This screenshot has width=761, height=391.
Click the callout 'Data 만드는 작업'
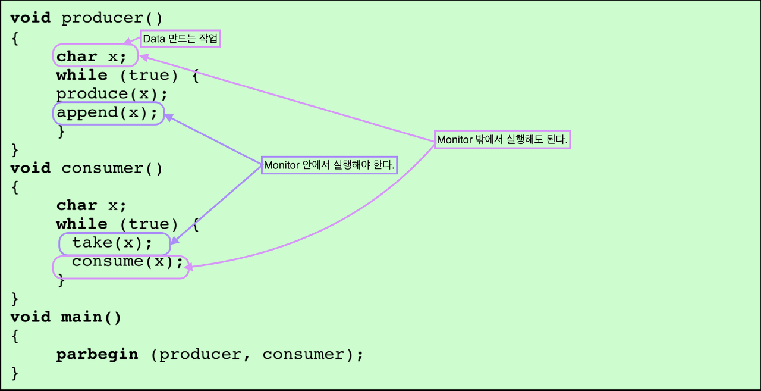(181, 39)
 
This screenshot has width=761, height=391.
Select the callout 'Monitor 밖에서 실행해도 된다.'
(502, 140)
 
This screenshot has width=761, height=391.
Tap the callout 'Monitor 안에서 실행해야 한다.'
(329, 165)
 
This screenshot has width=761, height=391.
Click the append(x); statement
(109, 113)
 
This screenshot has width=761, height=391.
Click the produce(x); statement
(112, 94)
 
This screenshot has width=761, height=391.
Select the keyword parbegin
(97, 355)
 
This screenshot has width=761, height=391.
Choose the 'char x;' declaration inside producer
(92, 57)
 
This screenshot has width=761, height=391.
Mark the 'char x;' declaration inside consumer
(92, 206)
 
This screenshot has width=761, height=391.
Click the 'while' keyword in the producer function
(81, 76)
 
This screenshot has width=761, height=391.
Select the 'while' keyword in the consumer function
(81, 224)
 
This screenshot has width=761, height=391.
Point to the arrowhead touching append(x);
(169, 118)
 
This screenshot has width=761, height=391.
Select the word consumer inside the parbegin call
(303, 355)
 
